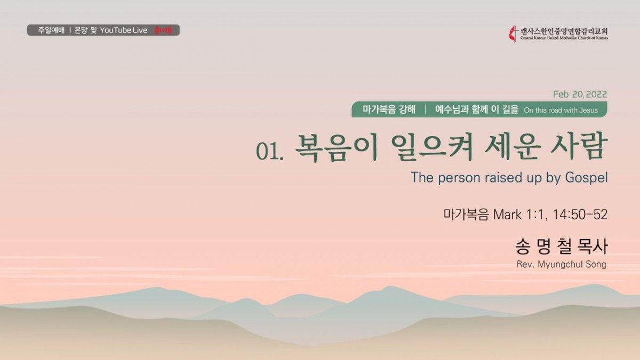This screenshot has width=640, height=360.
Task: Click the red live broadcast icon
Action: click(163, 30)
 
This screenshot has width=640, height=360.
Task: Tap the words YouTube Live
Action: click(124, 30)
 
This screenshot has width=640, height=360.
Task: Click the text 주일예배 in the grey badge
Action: click(51, 30)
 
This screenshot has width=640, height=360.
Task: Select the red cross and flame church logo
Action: click(514, 34)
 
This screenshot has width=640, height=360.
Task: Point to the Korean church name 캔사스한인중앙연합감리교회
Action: click(564, 31)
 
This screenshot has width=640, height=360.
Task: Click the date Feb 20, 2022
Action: click(580, 94)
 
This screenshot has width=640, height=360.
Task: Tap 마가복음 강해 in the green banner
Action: click(389, 109)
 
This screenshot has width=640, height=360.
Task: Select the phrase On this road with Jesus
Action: click(561, 110)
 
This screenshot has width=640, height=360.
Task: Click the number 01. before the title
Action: click(270, 151)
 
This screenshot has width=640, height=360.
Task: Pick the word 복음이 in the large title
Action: click(337, 148)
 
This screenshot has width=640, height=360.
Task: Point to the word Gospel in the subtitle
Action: click(586, 178)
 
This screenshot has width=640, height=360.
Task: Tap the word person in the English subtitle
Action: click(459, 178)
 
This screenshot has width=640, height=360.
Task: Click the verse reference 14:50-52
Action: click(580, 214)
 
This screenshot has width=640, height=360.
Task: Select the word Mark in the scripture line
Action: click(507, 214)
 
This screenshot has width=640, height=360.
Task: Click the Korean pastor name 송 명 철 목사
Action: click(561, 246)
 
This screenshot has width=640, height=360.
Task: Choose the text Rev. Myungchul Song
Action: click(562, 265)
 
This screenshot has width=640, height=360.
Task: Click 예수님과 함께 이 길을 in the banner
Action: click(477, 109)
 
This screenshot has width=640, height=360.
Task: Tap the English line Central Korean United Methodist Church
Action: click(564, 38)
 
